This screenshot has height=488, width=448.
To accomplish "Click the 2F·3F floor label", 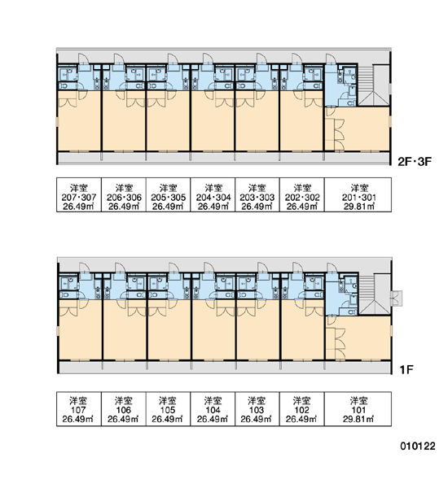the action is [415, 162].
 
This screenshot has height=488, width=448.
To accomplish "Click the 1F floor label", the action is [406, 370].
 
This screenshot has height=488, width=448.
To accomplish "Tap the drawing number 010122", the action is [418, 446].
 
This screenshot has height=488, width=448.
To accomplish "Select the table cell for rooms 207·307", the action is [79, 195].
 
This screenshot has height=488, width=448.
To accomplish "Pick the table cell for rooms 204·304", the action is [213, 195].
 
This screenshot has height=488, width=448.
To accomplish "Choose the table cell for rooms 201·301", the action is [358, 195].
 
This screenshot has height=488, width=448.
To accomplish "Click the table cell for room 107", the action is [79, 409].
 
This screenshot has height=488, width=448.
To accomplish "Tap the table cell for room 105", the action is [168, 409].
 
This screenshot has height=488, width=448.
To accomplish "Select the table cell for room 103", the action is [257, 409].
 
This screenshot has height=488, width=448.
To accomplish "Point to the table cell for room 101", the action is [358, 409].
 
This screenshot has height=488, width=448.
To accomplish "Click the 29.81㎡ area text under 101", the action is [358, 419].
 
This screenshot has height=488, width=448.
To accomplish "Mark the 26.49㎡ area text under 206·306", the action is [124, 206].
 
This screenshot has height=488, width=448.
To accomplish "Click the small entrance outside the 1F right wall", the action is [397, 298].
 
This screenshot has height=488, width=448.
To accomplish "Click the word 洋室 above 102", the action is [301, 400].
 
